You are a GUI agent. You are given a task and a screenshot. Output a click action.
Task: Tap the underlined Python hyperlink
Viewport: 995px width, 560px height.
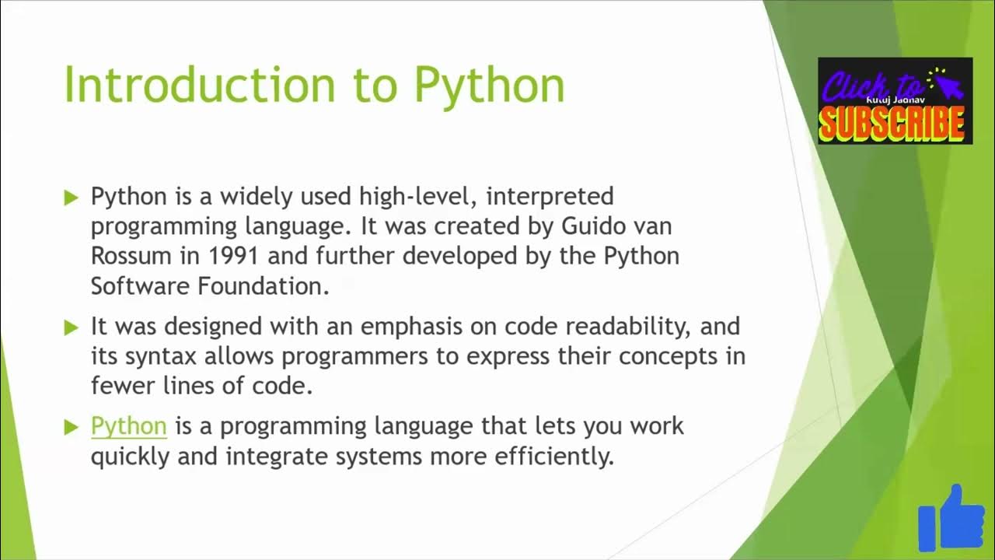[x=129, y=426]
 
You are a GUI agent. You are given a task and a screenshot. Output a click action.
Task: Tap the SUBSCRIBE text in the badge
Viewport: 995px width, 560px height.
[x=894, y=123]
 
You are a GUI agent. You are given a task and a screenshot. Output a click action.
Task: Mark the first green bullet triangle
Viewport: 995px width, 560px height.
[x=72, y=197]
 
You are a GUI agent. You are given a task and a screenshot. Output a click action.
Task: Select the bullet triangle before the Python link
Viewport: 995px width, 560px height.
[x=72, y=427]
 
